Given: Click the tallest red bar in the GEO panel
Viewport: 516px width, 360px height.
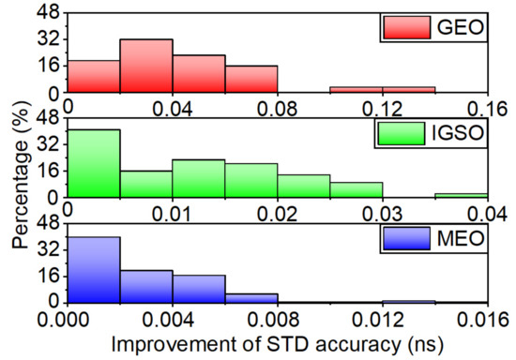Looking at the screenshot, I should click(146, 66).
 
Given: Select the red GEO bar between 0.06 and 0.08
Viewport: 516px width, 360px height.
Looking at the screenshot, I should click(251, 79).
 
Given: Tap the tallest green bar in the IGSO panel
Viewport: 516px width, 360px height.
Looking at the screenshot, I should click(94, 163).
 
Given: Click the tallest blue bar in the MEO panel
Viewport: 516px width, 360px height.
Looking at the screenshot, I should click(94, 269).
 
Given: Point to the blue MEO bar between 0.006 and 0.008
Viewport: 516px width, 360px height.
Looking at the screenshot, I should click(251, 298).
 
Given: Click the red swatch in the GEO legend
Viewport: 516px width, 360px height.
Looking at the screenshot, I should click(401, 28).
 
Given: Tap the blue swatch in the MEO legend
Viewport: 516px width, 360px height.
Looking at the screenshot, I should click(401, 240).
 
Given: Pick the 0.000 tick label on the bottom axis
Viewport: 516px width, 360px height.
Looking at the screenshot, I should click(68, 319).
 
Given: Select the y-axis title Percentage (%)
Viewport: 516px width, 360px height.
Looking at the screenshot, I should click(21, 178).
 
